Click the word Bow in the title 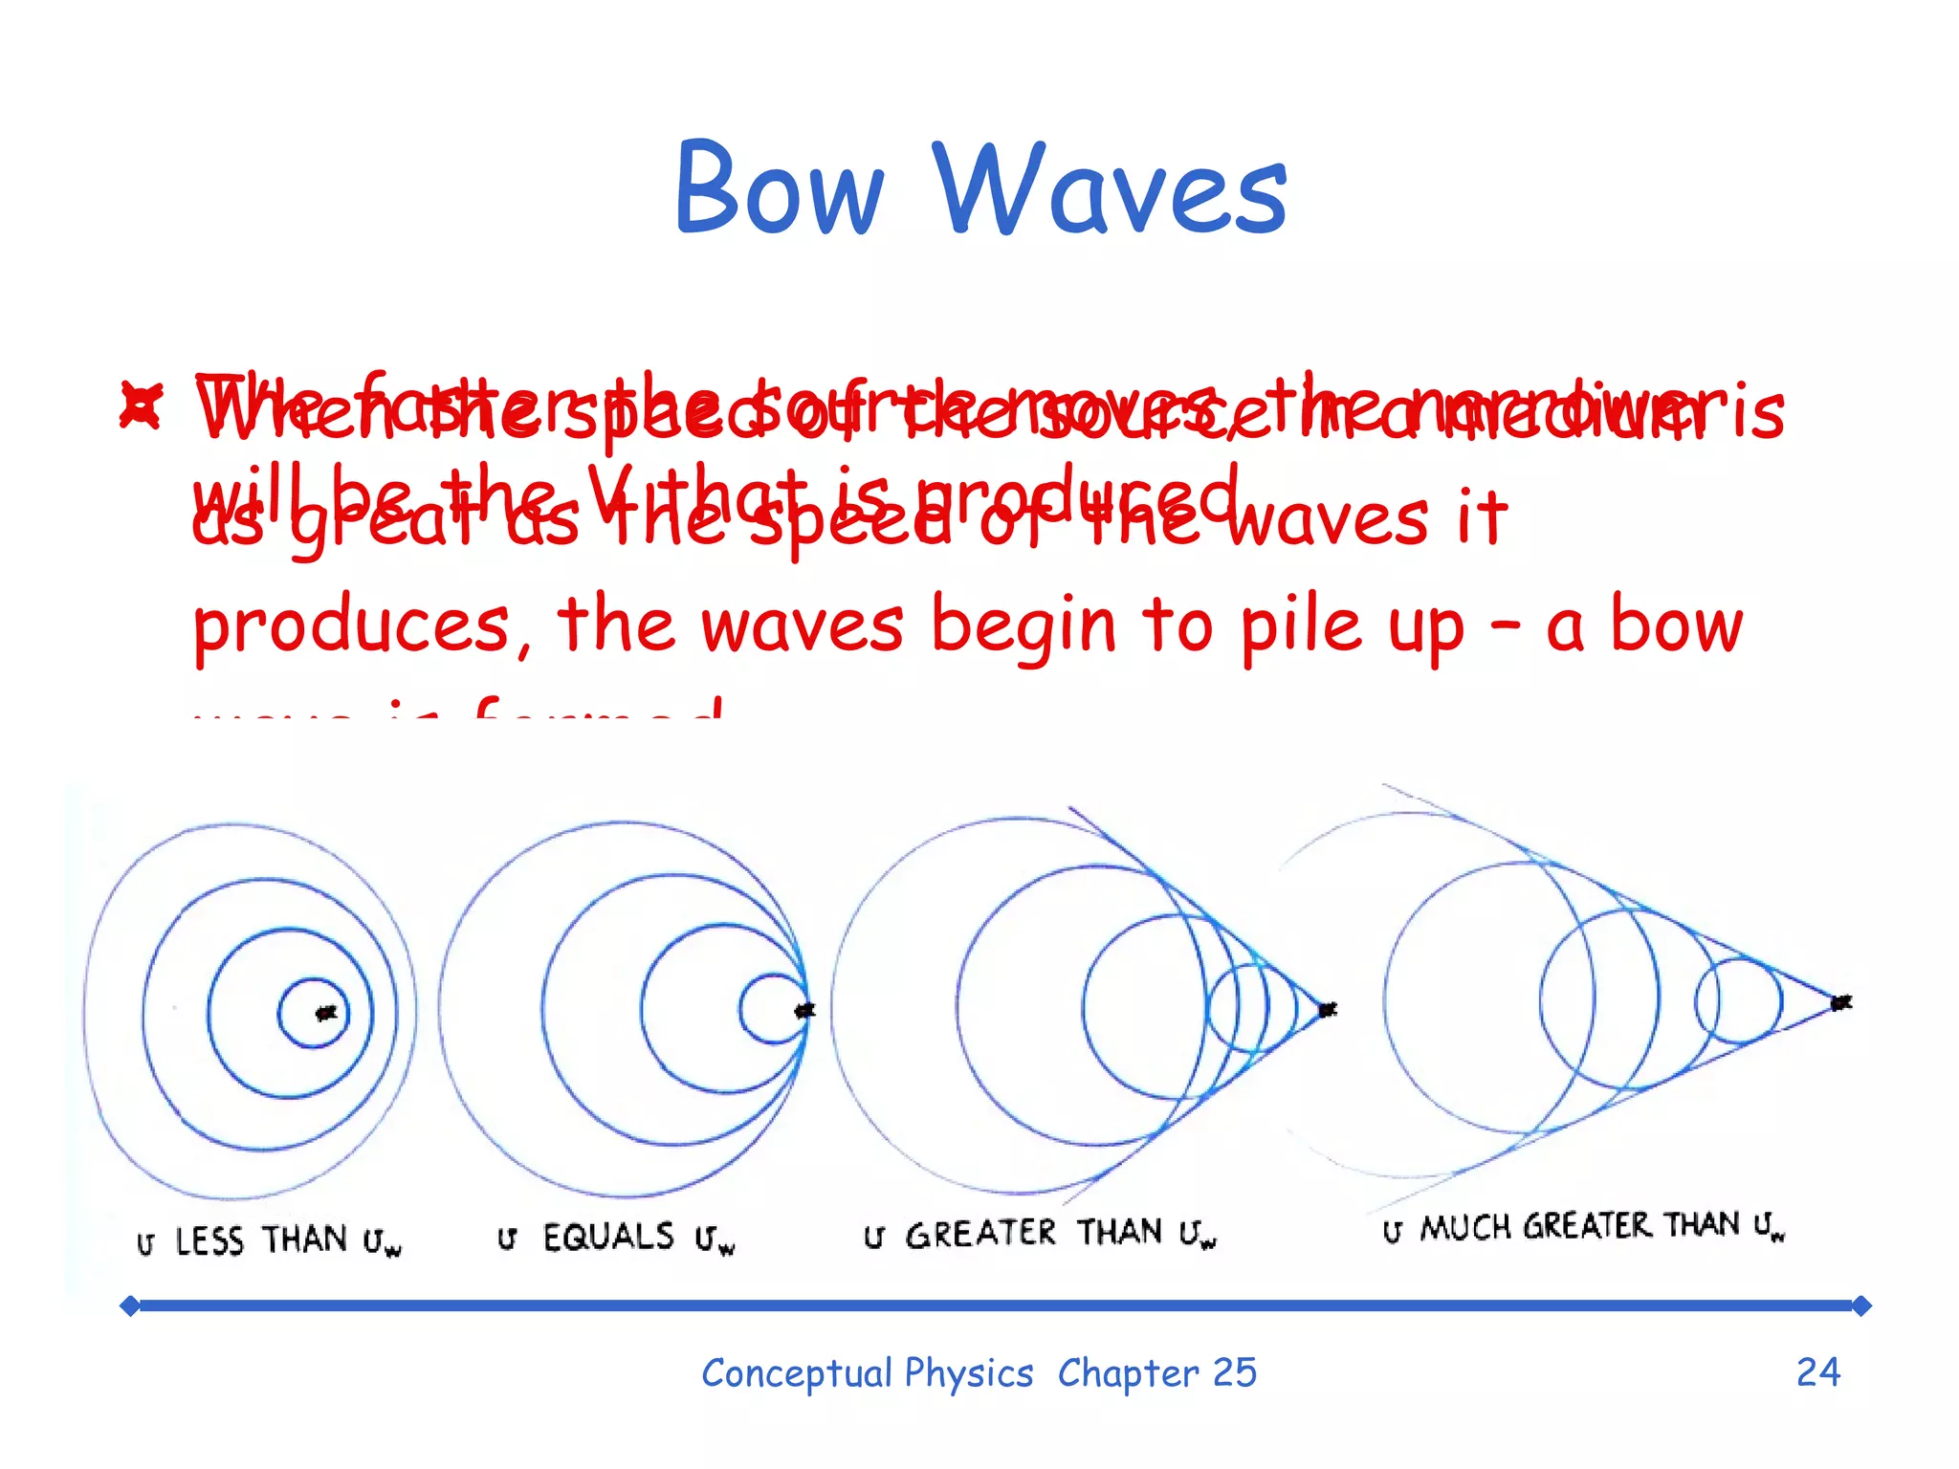[x=779, y=188]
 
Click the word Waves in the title [x=1110, y=188]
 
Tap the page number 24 [x=1817, y=1372]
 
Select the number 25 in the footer [x=1234, y=1372]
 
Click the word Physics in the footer [x=968, y=1373]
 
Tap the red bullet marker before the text [x=141, y=405]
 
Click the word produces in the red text [x=351, y=626]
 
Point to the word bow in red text [x=1676, y=626]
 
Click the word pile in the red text [x=1301, y=626]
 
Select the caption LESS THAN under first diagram [x=260, y=1240]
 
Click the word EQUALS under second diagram [x=608, y=1237]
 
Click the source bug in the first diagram [x=327, y=1012]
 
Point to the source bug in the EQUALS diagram [x=805, y=1010]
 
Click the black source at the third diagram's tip [x=1327, y=1009]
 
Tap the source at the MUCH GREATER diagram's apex [x=1840, y=1002]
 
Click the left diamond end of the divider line [x=130, y=1305]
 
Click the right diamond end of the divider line [x=1860, y=1305]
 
